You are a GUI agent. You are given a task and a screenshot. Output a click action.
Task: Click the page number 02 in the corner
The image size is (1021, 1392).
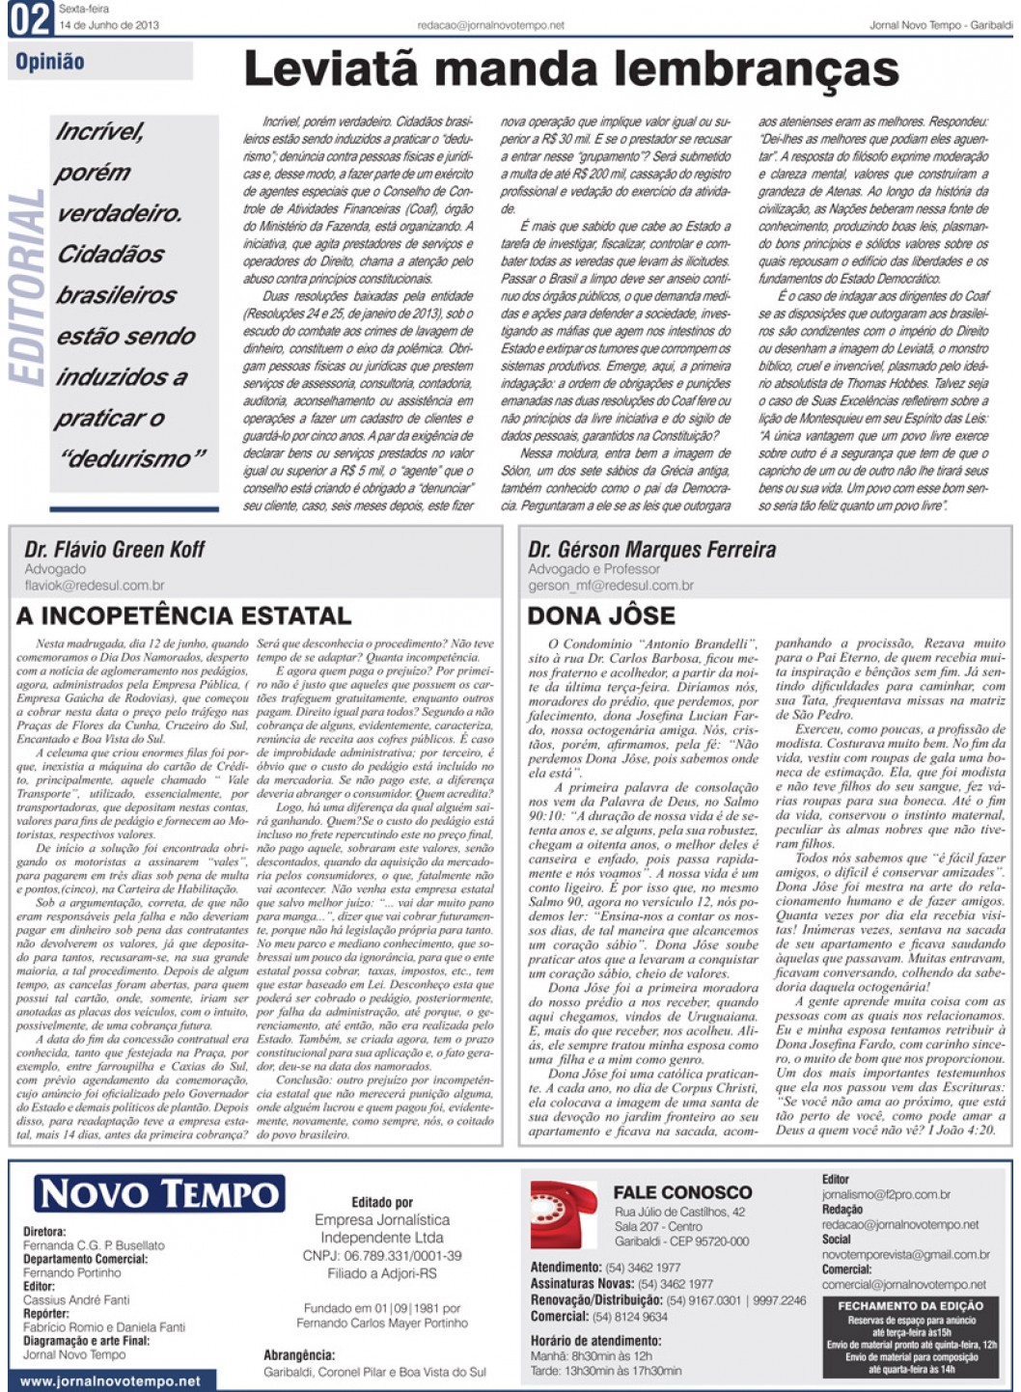(x=29, y=19)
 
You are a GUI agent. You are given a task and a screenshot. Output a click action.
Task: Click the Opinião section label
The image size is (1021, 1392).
(x=50, y=63)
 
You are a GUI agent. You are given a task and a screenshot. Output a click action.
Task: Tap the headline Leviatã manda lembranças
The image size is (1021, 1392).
(x=570, y=69)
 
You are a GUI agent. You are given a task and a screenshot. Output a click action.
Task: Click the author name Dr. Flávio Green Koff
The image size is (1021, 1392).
(x=115, y=550)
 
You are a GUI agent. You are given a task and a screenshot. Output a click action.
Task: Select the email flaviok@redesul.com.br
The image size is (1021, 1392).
(x=95, y=585)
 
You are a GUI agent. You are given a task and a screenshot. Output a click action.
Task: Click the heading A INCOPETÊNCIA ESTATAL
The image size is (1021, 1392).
(x=183, y=615)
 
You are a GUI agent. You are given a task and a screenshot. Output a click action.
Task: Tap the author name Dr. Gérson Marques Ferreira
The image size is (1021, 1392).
(x=651, y=550)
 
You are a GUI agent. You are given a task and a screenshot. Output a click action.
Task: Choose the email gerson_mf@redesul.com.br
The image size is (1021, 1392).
(x=611, y=585)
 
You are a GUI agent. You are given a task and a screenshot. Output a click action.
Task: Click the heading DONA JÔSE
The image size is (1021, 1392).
(x=601, y=615)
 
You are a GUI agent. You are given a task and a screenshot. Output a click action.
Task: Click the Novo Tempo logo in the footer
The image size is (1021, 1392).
(x=159, y=1194)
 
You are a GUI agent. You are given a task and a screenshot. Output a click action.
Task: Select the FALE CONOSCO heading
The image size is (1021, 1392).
(x=682, y=1192)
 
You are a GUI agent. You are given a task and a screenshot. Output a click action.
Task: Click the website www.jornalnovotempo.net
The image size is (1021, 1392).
(x=110, y=1381)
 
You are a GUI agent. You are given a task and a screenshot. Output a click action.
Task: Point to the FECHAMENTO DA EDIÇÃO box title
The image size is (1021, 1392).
(x=910, y=1305)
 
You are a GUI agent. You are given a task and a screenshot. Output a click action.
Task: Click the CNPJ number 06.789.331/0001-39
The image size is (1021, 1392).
(x=382, y=1256)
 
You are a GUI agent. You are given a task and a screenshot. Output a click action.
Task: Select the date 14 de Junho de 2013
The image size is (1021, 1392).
(x=109, y=25)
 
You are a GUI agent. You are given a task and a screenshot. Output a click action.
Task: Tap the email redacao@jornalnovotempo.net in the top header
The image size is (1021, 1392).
(x=491, y=26)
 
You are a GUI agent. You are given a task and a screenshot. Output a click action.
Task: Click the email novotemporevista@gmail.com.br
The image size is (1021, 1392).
(x=905, y=1255)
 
